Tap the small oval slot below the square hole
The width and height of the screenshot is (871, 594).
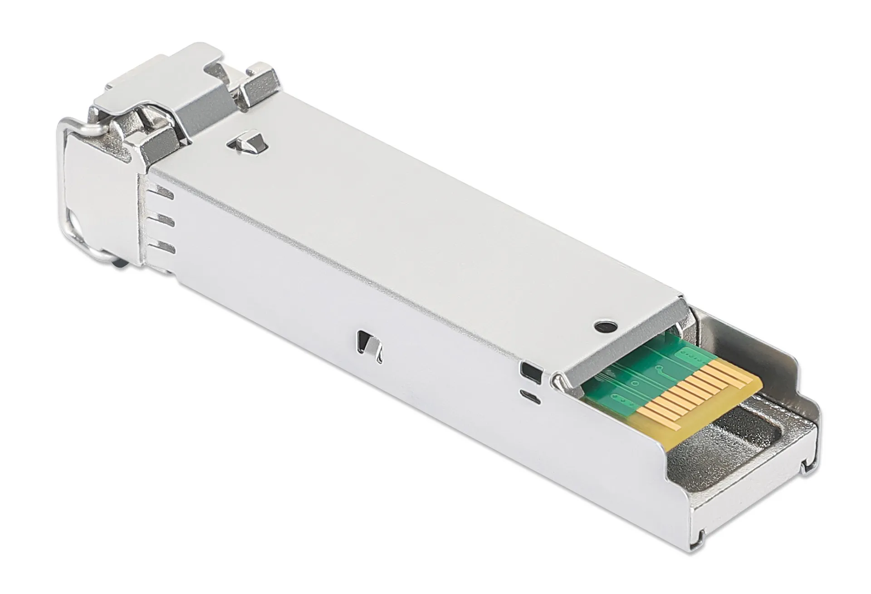pyautogui.click(x=531, y=395)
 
